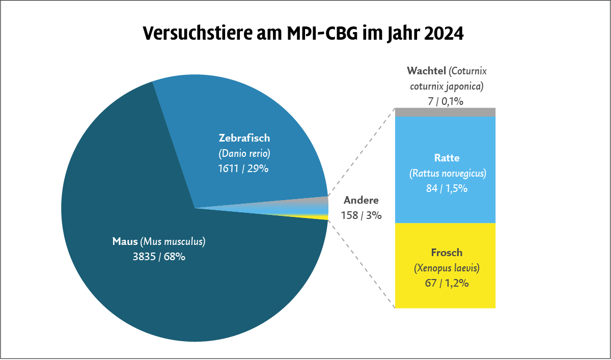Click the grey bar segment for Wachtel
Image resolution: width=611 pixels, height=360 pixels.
(x=445, y=113)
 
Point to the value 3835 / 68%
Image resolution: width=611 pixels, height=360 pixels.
(x=159, y=257)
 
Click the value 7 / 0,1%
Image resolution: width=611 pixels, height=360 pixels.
(x=446, y=101)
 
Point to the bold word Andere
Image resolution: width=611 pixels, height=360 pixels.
(x=362, y=200)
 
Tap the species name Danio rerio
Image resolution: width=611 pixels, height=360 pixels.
(x=244, y=153)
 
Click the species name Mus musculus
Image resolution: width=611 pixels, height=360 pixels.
(x=173, y=241)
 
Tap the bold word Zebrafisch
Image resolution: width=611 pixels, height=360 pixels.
(x=244, y=138)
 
